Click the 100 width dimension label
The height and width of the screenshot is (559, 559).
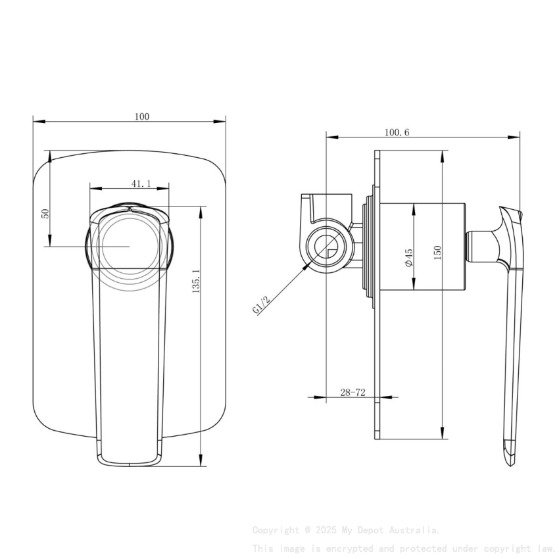pos(141,116)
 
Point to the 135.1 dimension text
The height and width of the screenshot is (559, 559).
pos(195,281)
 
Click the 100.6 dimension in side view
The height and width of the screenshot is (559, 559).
pos(397,132)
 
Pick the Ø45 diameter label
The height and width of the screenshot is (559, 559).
pos(408,257)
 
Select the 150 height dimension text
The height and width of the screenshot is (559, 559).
pos(437,252)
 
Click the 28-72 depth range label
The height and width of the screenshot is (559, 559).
pos(352,393)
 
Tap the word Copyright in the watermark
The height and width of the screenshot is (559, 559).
pos(276,529)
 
